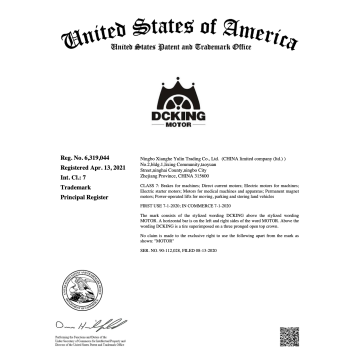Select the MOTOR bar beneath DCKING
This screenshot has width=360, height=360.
click(179, 128)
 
